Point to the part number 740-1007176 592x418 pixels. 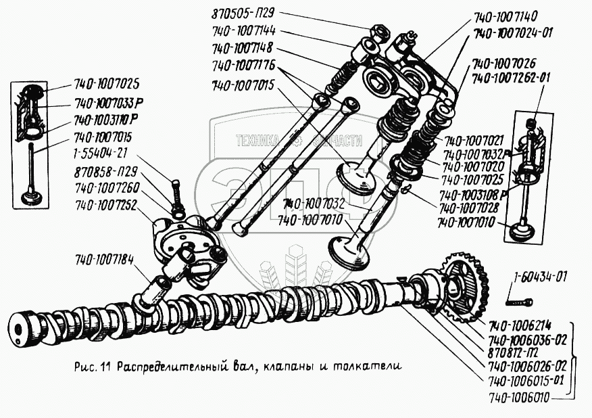[x=245, y=67]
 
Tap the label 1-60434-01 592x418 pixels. [x=540, y=277]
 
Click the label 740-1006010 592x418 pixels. [x=518, y=400]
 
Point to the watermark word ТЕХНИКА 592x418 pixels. [x=257, y=141]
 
